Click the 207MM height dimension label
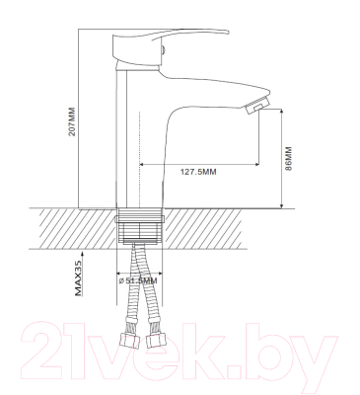pos(72,121)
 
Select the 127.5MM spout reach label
pos(198,172)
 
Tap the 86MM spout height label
pos(288,158)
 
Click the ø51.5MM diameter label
pos(138,280)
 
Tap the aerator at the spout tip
pos(258,105)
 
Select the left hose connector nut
pos(128,341)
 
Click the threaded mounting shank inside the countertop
pos(140,225)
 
